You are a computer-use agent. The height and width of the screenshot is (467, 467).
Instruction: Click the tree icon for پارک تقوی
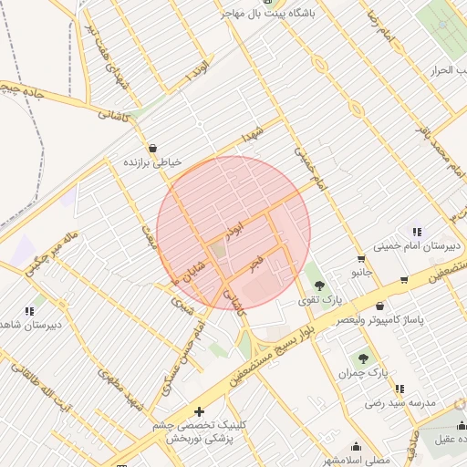tap(318, 285)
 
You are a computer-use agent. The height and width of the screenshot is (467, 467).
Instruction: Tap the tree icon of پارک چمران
tap(364, 359)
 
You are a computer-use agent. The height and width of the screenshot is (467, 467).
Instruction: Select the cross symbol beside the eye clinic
tap(199, 411)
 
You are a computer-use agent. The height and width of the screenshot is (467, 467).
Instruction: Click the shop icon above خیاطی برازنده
tap(151, 147)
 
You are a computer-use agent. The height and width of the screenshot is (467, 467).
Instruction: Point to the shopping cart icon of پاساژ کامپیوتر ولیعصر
tap(404, 306)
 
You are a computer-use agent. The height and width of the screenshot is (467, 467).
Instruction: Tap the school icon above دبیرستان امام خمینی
tap(416, 232)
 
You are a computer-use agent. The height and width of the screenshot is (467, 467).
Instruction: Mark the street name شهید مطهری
tap(123, 390)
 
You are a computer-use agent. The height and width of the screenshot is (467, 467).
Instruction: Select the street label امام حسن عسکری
tap(182, 358)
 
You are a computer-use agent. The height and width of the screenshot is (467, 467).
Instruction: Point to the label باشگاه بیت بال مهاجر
tap(273, 16)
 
